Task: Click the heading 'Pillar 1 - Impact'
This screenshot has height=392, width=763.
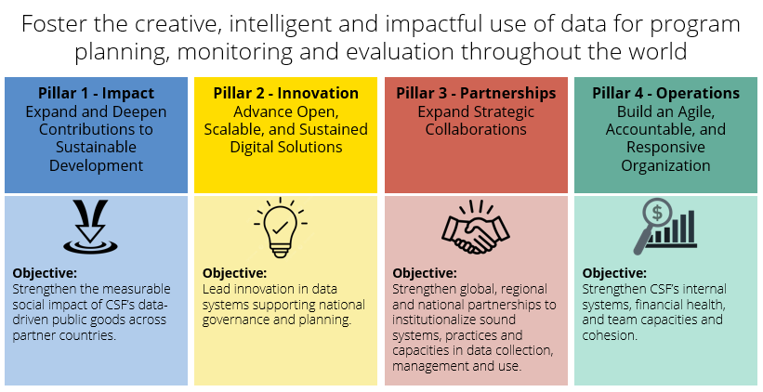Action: (x=97, y=94)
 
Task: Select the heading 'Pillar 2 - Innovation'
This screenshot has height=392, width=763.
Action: (x=286, y=94)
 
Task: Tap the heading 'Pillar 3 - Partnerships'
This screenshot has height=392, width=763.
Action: (x=476, y=94)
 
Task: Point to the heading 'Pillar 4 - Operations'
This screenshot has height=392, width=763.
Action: (x=665, y=94)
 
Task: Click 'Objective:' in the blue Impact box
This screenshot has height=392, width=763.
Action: (x=45, y=274)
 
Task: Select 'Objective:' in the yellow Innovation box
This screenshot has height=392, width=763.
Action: (x=234, y=274)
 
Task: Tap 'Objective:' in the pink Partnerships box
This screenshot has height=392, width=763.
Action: (x=424, y=274)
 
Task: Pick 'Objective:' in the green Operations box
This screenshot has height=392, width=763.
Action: (x=613, y=274)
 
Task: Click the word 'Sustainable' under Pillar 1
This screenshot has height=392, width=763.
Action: (x=97, y=148)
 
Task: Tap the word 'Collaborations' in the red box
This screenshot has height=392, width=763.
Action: (x=476, y=130)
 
